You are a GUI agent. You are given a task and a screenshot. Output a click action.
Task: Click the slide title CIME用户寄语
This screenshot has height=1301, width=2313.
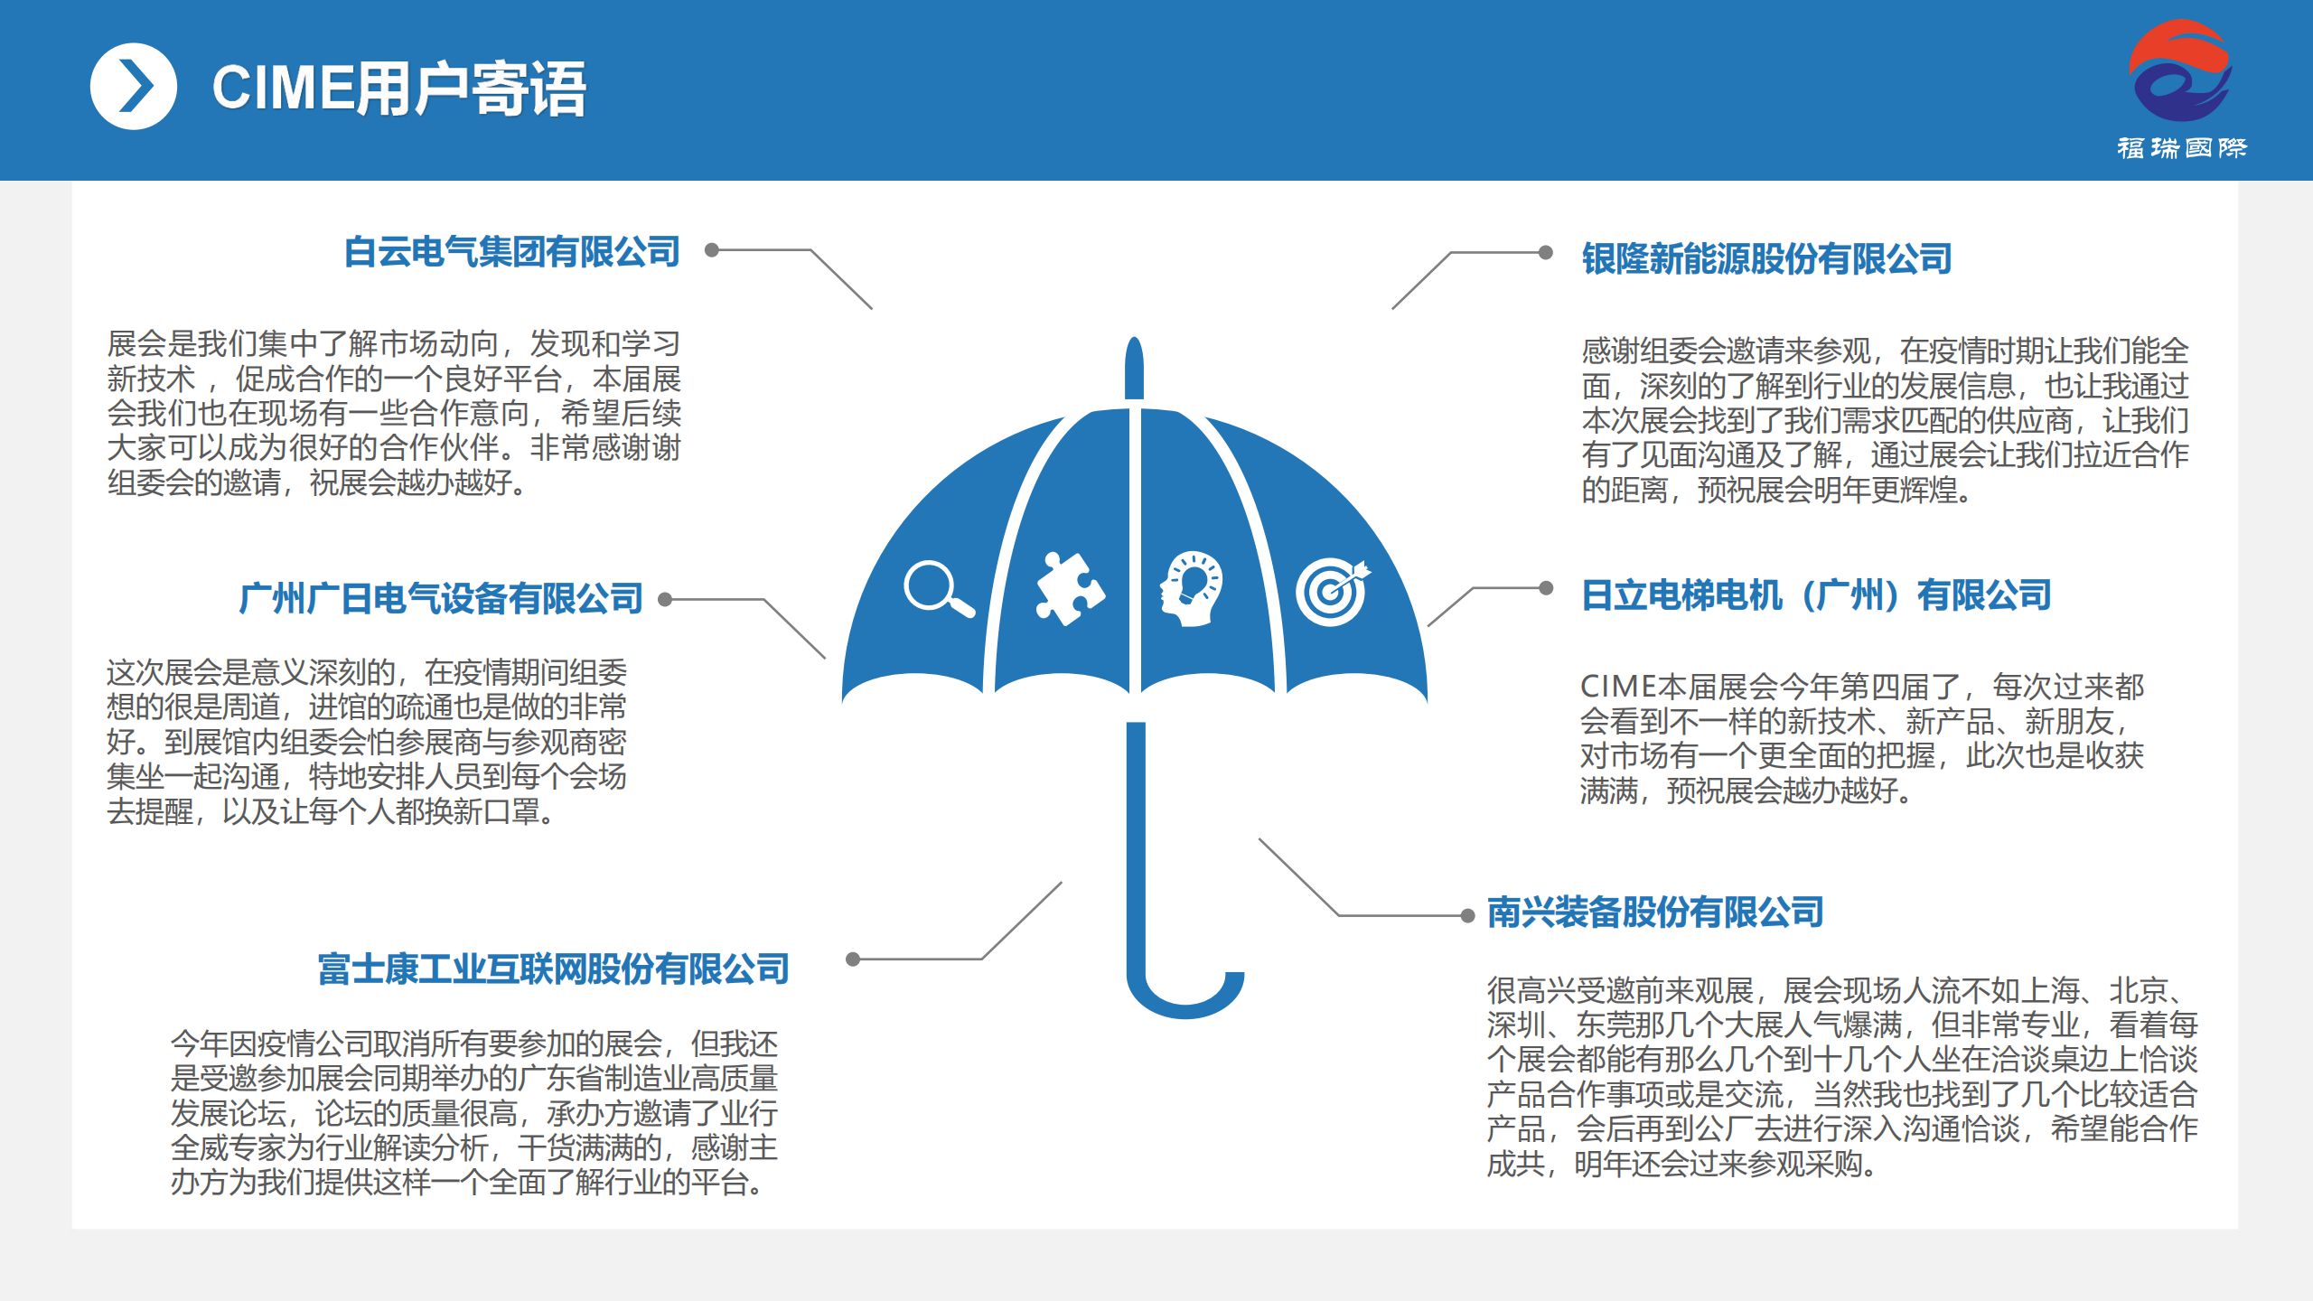398,89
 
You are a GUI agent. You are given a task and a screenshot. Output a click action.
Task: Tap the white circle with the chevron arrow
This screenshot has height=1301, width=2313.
134,87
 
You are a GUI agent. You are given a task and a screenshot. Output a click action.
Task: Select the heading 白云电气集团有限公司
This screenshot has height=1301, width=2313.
512,251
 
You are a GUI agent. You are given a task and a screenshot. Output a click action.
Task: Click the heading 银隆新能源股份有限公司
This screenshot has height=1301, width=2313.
1766,258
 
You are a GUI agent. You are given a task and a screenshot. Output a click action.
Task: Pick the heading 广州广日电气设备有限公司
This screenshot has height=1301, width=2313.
441,598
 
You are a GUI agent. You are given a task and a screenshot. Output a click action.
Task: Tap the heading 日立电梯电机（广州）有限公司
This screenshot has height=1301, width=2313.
1816,595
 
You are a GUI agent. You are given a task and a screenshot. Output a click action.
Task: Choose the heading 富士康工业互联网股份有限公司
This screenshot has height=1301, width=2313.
553,969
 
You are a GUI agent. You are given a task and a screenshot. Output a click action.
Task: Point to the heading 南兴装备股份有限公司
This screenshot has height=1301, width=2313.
1655,912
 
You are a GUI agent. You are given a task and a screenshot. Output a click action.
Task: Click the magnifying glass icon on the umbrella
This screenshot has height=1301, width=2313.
939,589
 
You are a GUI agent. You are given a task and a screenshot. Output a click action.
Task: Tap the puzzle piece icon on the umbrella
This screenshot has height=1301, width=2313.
1070,588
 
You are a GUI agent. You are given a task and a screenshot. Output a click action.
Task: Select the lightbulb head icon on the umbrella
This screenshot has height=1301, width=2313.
1191,589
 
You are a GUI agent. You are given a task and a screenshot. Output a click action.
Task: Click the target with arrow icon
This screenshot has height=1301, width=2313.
1333,592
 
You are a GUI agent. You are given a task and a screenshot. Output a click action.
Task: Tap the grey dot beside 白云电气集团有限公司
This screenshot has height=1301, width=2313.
712,250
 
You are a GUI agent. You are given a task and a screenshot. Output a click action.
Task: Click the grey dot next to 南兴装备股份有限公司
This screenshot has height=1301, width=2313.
1468,916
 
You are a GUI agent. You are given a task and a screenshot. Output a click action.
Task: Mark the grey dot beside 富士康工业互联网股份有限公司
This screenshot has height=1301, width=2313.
853,959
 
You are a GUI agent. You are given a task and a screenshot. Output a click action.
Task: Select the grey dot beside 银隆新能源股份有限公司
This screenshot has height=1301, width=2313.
1546,252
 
